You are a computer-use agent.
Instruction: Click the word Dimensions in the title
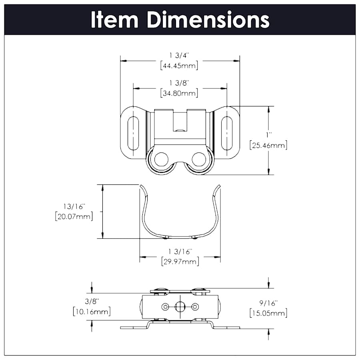click(208, 20)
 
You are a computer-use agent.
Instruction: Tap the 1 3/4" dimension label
click(179, 55)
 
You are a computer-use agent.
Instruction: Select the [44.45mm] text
click(179, 66)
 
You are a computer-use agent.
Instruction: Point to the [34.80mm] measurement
click(179, 93)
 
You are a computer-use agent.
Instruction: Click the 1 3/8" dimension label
click(179, 83)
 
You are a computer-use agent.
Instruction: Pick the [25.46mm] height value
click(268, 145)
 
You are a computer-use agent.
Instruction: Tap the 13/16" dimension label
click(74, 206)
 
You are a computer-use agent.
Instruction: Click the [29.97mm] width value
click(180, 262)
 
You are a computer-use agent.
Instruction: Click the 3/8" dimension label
click(92, 301)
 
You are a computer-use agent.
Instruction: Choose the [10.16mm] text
click(92, 311)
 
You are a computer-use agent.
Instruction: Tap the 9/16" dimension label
click(268, 303)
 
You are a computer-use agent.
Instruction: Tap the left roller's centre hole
click(162, 159)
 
